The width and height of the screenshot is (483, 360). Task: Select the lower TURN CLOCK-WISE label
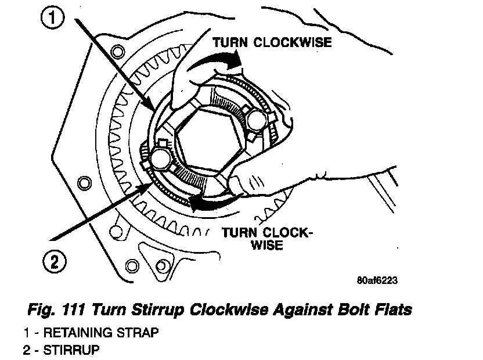tap(266, 239)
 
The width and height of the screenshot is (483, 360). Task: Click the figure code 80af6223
tap(377, 279)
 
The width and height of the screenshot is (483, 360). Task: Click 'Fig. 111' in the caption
tap(53, 309)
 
